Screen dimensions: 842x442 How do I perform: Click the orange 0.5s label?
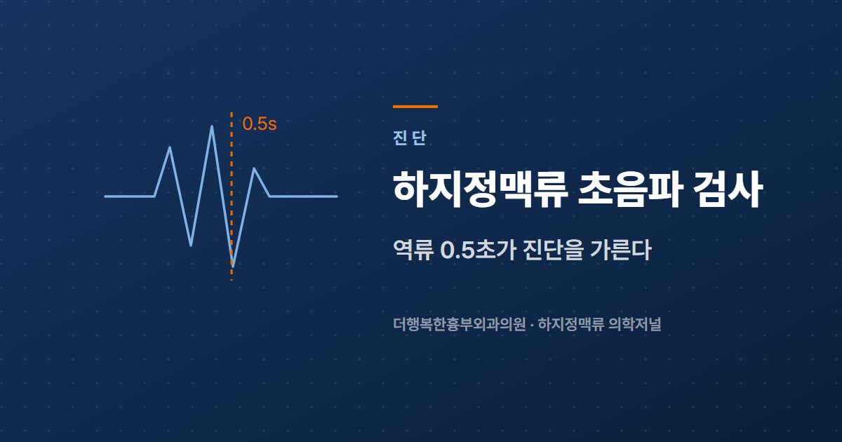[x=260, y=123]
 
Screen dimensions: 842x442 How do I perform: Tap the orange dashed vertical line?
[x=232, y=196]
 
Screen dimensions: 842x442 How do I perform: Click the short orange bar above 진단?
[x=415, y=107]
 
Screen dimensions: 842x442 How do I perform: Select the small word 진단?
[x=409, y=138]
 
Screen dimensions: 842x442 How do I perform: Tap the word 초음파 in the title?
[x=629, y=189]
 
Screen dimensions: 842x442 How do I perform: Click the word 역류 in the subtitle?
[x=413, y=250]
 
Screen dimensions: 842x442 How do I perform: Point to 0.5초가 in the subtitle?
[x=477, y=250]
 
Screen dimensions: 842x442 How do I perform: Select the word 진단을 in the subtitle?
[x=554, y=250]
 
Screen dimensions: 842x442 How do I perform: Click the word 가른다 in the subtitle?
[x=621, y=250]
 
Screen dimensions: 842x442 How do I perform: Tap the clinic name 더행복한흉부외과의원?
[x=459, y=324]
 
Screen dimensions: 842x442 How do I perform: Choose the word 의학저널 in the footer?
[x=634, y=324]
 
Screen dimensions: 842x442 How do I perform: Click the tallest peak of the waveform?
[x=212, y=127]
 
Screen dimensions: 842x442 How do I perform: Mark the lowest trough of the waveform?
[x=233, y=266]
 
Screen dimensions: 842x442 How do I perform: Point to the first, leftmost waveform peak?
[x=170, y=148]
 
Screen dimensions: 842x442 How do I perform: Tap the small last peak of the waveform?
[x=255, y=169]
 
